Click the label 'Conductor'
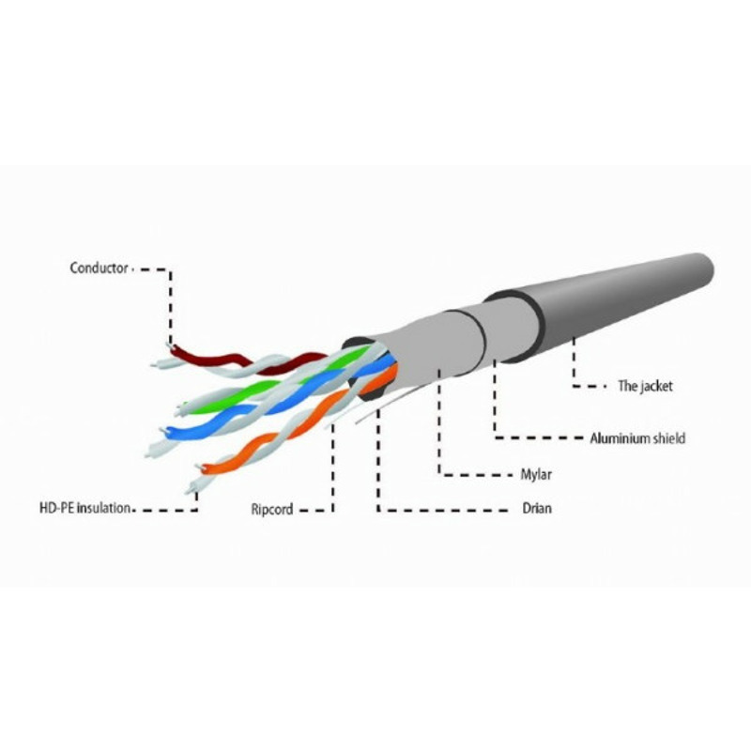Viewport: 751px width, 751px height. pos(99,268)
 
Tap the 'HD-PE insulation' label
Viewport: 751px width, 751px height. pos(84,508)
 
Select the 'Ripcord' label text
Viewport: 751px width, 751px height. pos(271,509)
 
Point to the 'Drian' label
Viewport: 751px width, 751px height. pos(536,508)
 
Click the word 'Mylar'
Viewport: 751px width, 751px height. pos(536,475)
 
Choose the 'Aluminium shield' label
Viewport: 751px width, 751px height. pos(637,438)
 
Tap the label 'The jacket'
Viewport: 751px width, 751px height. pos(645,386)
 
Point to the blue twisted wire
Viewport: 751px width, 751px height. pos(268,407)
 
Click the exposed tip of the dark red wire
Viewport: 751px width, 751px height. pos(169,345)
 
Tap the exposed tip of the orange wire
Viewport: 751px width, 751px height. pos(198,467)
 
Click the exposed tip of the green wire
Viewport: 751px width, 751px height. pos(181,407)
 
